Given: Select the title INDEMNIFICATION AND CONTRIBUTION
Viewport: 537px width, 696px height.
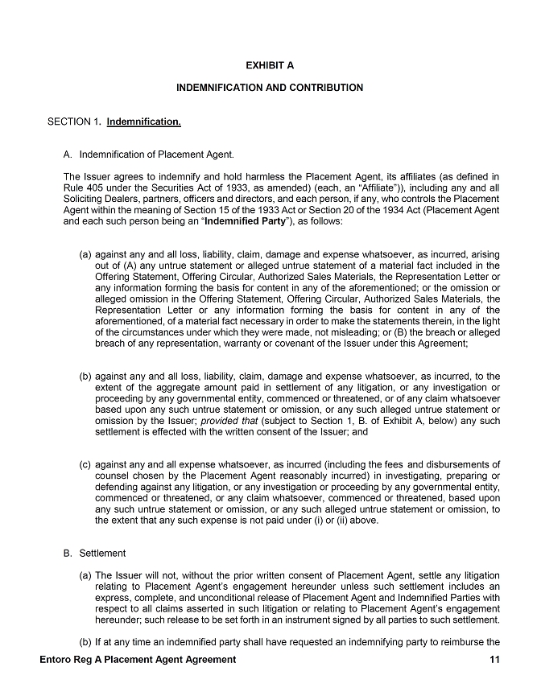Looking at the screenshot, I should pyautogui.click(x=270, y=87).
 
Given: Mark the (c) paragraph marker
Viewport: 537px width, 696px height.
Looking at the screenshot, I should pyautogui.click(x=84, y=464).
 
